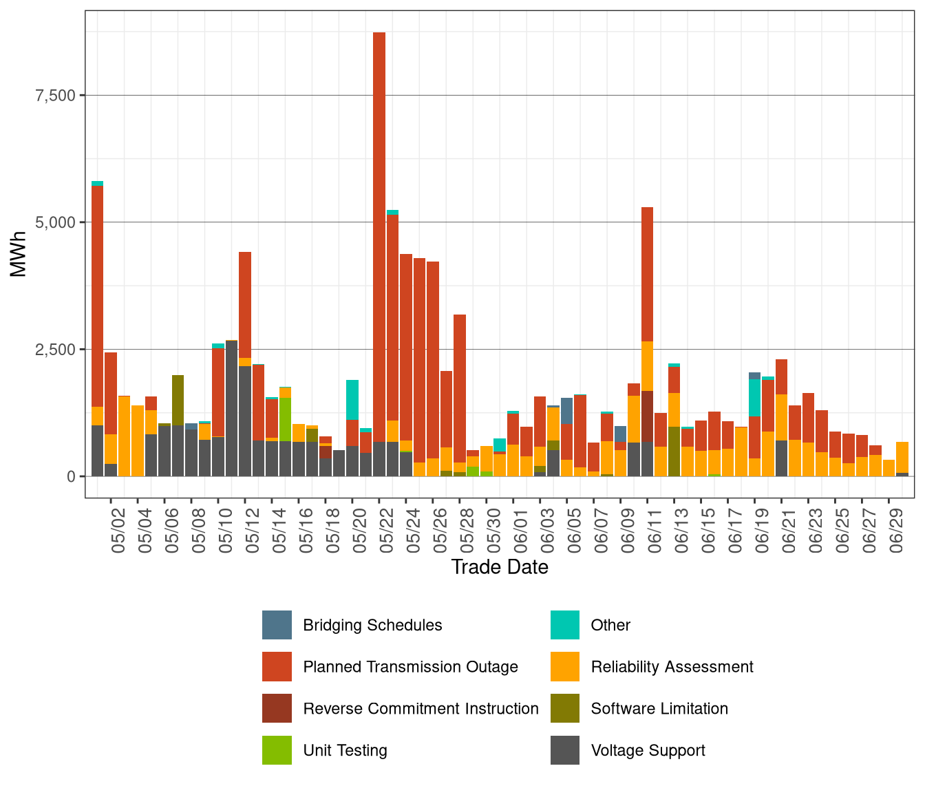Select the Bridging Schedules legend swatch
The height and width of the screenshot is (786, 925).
point(277,625)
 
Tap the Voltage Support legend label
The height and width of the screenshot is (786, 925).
point(648,750)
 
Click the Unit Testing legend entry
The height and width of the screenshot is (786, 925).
point(345,750)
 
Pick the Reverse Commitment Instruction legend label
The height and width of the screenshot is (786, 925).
point(421,708)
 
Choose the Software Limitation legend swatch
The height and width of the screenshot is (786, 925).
point(565,708)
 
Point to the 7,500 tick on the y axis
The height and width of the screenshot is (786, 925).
point(54,95)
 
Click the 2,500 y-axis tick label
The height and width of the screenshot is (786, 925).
point(54,349)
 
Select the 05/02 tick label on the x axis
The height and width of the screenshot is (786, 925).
point(118,531)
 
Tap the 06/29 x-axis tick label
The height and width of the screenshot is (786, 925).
point(896,531)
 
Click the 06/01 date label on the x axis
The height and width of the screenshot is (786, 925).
point(520,531)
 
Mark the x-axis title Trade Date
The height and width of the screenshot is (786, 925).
point(500,567)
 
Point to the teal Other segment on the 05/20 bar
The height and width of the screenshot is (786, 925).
point(352,399)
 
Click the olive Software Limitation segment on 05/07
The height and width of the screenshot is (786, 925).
point(178,400)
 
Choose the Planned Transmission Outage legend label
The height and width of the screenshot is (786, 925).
point(410,667)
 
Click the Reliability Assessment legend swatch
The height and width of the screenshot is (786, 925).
point(565,667)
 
